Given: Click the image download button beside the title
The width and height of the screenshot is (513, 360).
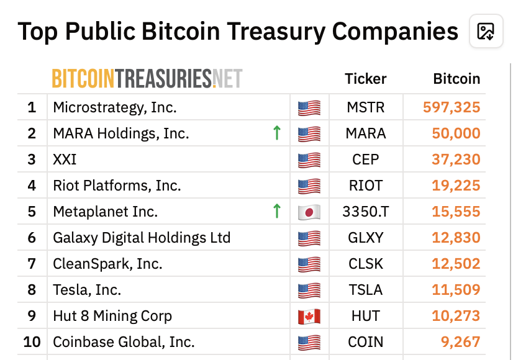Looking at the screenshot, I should point(486,31).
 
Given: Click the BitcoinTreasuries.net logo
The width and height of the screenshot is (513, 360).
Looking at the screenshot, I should point(147,79).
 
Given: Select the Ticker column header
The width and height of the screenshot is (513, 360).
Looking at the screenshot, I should point(366,79).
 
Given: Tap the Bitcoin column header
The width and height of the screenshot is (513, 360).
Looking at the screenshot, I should point(456,79).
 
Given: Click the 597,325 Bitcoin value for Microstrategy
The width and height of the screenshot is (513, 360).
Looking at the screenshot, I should point(452,107).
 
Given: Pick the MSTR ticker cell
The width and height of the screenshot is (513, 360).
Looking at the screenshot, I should point(366,107).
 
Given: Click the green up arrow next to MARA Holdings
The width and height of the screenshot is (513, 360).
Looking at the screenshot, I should point(277,133).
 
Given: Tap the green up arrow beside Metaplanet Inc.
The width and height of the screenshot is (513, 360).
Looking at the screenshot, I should point(277,211).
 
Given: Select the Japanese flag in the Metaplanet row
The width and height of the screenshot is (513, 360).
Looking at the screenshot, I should point(309,212).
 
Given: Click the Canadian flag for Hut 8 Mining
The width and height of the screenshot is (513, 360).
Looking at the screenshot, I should point(309,316).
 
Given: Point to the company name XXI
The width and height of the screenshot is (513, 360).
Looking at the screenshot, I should point(65,160).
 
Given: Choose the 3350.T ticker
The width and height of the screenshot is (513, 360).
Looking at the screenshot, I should point(366,212).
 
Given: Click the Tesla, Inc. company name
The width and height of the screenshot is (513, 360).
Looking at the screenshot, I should point(87,290).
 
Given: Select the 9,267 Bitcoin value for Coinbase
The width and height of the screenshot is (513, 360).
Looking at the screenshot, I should point(460,342).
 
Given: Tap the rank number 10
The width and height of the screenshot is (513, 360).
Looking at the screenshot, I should point(32,342).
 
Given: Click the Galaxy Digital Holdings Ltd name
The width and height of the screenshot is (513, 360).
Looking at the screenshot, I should point(142,238).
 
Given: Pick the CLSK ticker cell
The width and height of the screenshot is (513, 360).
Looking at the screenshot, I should point(366,264).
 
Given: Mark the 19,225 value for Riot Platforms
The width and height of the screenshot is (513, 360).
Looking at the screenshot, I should point(456,186).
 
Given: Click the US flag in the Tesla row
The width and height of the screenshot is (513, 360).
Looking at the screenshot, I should point(309,290).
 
